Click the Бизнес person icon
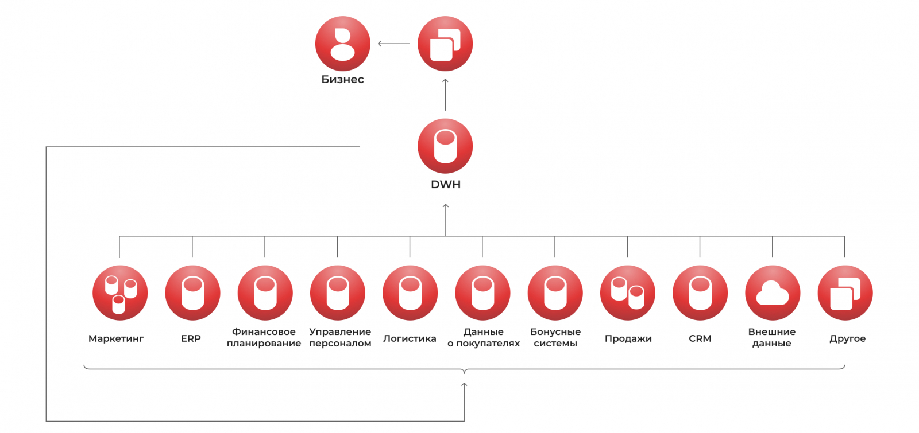coord(343,44)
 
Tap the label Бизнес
coord(342,80)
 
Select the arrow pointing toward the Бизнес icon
coord(393,44)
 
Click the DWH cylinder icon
coord(445,146)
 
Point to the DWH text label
coord(446,185)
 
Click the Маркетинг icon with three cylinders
coord(120,293)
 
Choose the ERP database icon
coord(192,293)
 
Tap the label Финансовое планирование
coord(264,338)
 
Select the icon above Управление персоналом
coord(338,293)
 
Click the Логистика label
coord(410,338)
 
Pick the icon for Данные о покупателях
coord(482,293)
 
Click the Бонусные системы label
coord(555,338)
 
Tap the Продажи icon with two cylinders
coord(628,293)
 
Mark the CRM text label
coord(700,338)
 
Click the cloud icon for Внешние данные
coord(773,293)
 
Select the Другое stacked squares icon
coord(845,293)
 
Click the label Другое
coord(847,338)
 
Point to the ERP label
coord(191,338)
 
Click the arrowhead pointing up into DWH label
coord(446,206)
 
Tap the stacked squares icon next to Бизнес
coord(445,44)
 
